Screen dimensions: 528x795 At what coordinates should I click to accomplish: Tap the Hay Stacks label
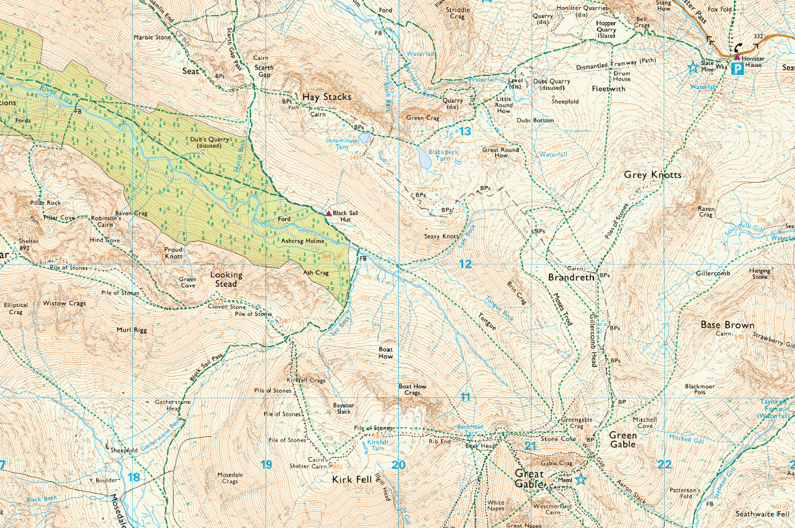[x=326, y=97]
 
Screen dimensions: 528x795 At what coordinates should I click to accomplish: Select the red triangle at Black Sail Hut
[x=329, y=213]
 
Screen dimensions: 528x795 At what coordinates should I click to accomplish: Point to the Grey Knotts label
[x=653, y=175]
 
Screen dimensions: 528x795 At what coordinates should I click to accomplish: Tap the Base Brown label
[x=727, y=324]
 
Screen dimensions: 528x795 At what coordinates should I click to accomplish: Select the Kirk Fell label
[x=351, y=480]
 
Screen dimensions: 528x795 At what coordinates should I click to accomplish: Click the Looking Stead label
[x=226, y=279]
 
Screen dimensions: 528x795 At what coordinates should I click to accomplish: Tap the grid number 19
[x=265, y=464]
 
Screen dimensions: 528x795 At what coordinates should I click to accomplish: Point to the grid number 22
[x=664, y=464]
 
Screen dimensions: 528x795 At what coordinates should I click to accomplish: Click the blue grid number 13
[x=465, y=131]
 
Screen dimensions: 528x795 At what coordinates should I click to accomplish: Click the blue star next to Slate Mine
[x=694, y=67]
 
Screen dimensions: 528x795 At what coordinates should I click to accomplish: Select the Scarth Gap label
[x=263, y=71]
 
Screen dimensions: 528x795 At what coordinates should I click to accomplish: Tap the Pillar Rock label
[x=45, y=203]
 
